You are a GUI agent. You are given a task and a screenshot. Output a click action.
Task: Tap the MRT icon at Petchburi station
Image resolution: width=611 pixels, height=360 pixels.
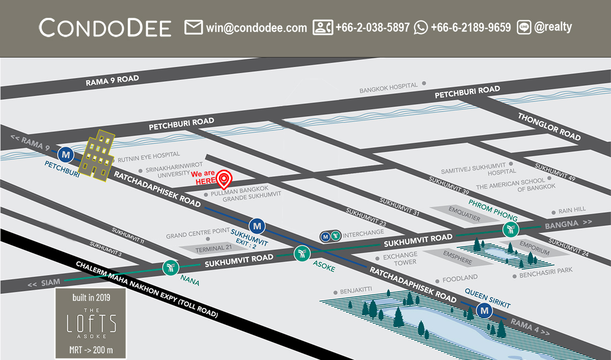(x=65, y=154)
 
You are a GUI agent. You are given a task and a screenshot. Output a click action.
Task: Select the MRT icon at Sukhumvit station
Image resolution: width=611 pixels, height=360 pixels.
(x=257, y=225)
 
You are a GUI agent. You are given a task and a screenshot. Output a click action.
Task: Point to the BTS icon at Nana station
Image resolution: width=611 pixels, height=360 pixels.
(x=170, y=268)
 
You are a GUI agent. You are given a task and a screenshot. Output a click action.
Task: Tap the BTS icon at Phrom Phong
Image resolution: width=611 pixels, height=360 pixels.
(x=510, y=230)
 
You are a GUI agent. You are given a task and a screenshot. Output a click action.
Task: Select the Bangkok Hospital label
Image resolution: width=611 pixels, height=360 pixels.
(x=388, y=88)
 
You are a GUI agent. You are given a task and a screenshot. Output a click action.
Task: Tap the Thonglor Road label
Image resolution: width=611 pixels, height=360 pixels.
(x=549, y=126)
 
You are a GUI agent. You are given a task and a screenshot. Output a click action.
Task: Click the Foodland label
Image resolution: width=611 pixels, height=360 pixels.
(x=460, y=278)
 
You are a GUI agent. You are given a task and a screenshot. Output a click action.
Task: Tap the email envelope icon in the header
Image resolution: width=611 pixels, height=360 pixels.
(x=193, y=27)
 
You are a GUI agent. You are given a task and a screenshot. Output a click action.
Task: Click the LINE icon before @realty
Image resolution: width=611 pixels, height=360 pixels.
(x=524, y=27)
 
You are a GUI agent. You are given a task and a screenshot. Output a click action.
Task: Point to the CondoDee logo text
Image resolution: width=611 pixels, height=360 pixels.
(x=105, y=28)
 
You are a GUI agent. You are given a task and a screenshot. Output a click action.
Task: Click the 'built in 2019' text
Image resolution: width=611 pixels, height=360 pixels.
(x=91, y=297)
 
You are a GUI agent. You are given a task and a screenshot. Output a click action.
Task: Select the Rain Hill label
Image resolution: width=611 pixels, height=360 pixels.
(x=572, y=209)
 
